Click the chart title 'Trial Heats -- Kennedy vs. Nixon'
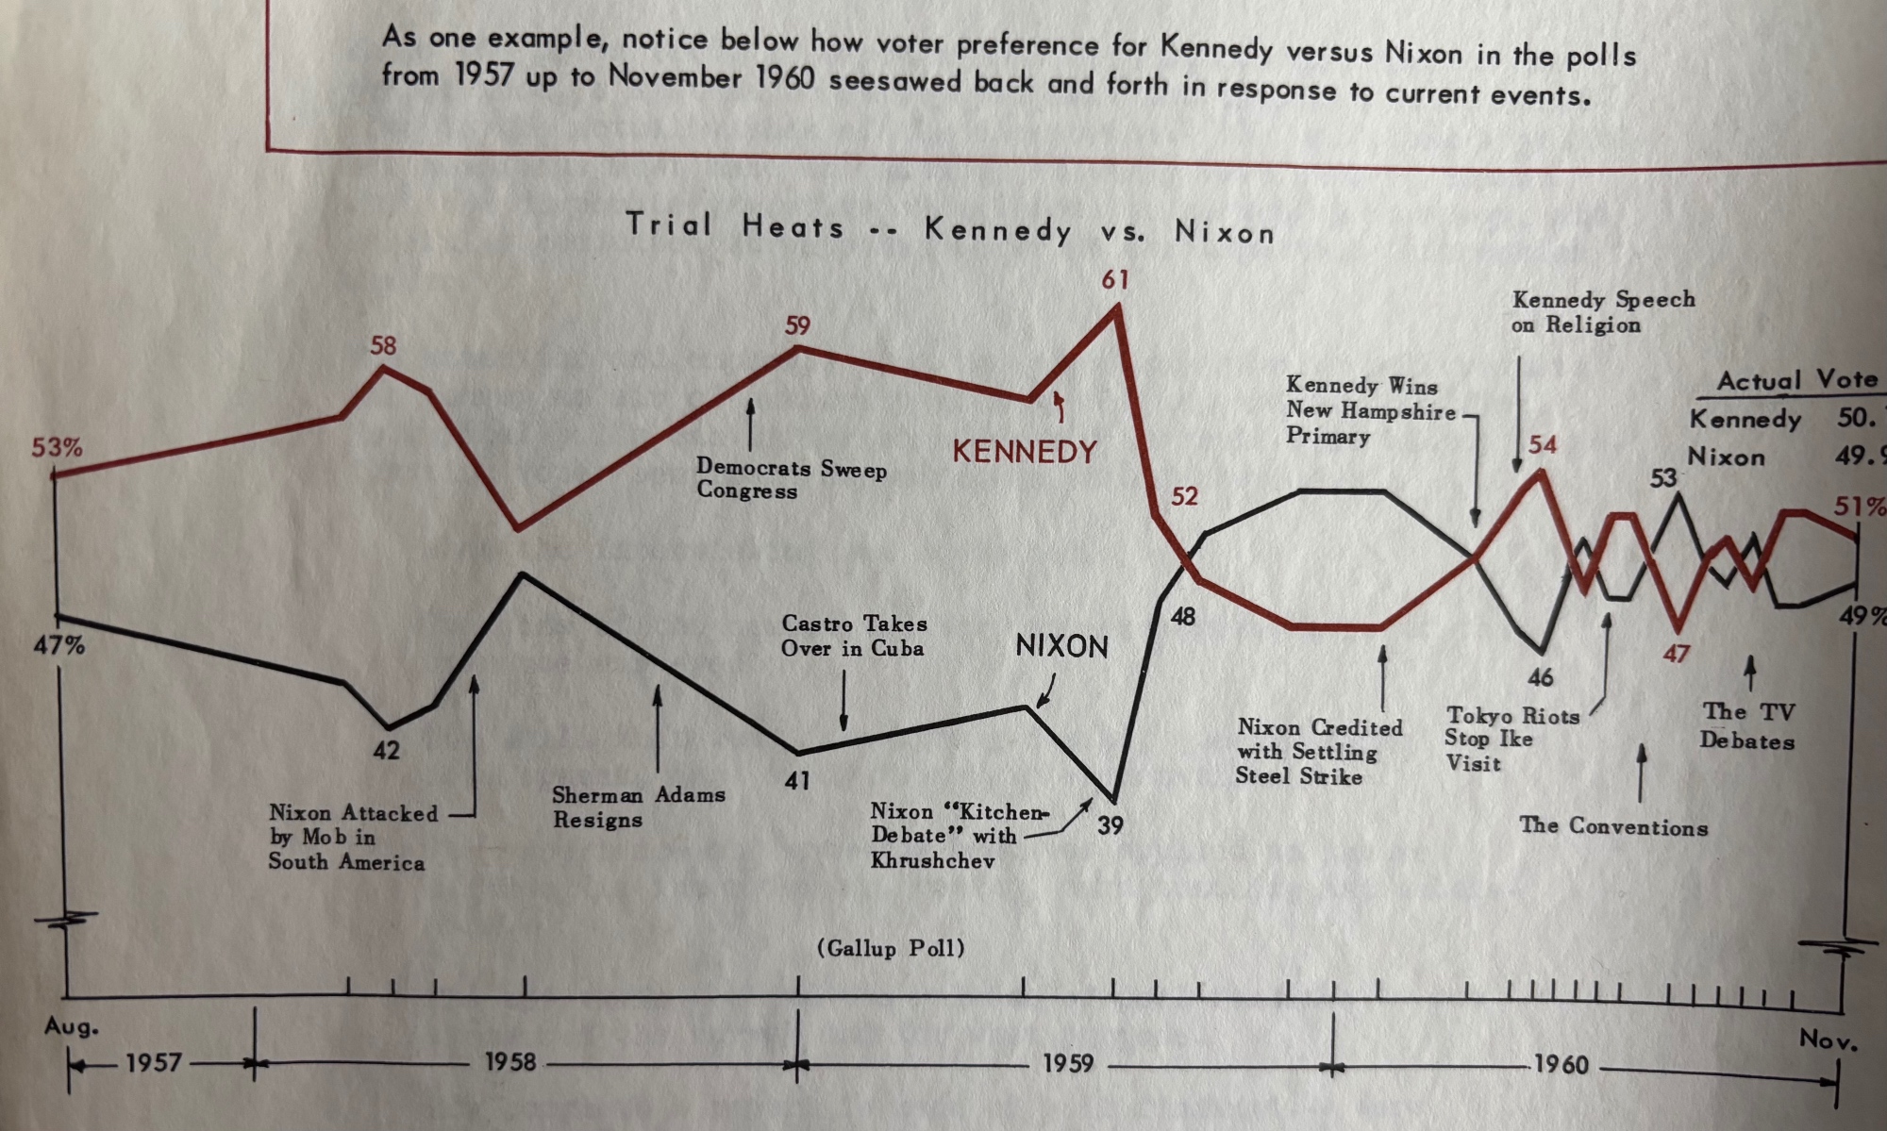(950, 228)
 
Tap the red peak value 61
(1114, 279)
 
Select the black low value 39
(1110, 825)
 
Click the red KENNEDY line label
(1025, 452)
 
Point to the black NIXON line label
(1061, 646)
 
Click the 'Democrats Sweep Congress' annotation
(791, 479)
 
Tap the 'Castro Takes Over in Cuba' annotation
(854, 636)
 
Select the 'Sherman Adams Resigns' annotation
(639, 807)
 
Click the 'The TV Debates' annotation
(1747, 726)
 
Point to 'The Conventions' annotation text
(1613, 826)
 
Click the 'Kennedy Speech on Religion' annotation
(1603, 312)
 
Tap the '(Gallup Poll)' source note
(891, 948)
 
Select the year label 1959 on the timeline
(1068, 1064)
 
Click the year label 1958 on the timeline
(510, 1062)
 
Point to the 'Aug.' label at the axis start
(71, 1026)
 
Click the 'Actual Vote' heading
(1796, 381)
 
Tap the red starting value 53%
(57, 447)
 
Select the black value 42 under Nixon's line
(386, 751)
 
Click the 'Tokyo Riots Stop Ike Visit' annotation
(1511, 740)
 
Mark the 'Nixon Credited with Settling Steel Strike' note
(1319, 752)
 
